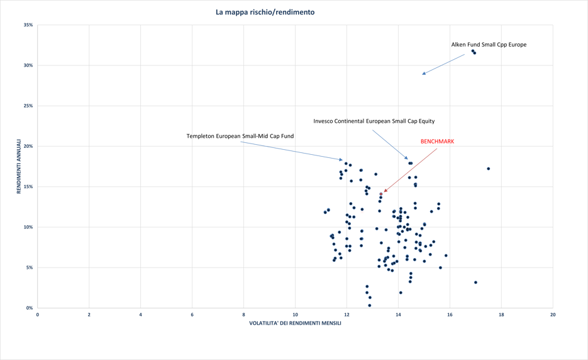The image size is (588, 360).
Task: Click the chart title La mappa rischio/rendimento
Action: [x=265, y=12]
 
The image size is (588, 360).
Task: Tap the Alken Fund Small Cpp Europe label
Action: [x=489, y=45]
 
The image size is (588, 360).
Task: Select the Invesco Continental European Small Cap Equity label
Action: [x=374, y=121]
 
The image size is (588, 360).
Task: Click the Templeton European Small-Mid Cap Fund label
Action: [x=240, y=136]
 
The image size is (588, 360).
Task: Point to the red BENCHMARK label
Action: [x=437, y=142]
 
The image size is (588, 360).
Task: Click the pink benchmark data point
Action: [x=381, y=194]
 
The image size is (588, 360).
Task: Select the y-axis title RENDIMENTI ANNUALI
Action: [x=19, y=166]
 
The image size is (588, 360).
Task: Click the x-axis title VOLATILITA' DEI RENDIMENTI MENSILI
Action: [x=295, y=323]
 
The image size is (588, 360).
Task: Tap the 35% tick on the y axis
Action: [x=28, y=25]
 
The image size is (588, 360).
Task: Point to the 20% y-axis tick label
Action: [x=28, y=146]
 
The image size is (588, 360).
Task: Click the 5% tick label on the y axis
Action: [x=29, y=267]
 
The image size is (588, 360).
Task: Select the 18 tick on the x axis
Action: [x=501, y=314]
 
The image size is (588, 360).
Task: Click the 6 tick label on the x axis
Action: [x=192, y=314]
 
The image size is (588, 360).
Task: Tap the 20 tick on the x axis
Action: [x=553, y=314]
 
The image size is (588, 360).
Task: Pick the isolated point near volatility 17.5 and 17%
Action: [x=489, y=169]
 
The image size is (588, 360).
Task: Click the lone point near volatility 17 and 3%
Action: [x=475, y=283]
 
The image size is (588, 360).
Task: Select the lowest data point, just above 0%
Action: [x=370, y=305]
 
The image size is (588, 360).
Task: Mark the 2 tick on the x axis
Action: [x=89, y=314]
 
